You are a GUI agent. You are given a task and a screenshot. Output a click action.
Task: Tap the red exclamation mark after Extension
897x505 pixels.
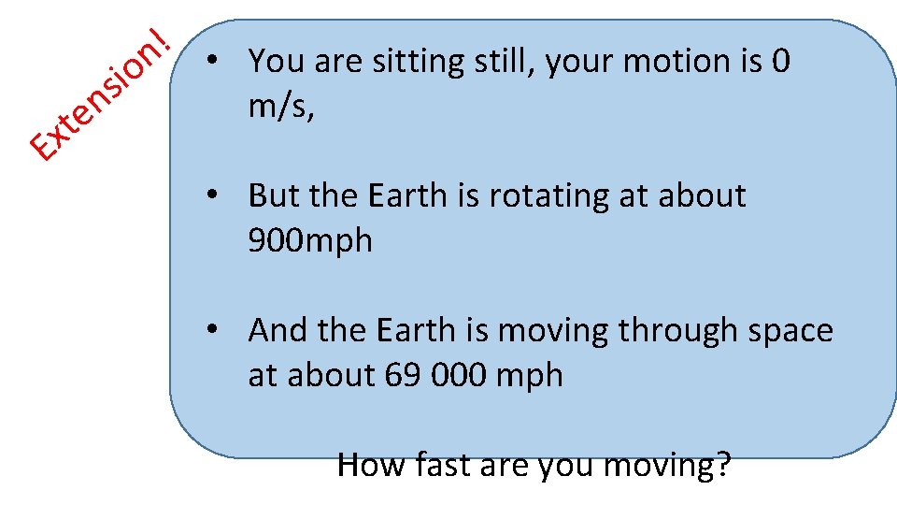click(x=161, y=41)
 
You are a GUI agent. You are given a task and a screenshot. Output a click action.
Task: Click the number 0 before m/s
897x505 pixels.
click(x=781, y=62)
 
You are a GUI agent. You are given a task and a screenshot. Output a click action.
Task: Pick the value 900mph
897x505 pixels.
click(x=310, y=241)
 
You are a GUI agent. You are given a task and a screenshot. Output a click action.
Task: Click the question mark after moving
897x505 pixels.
click(x=720, y=464)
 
